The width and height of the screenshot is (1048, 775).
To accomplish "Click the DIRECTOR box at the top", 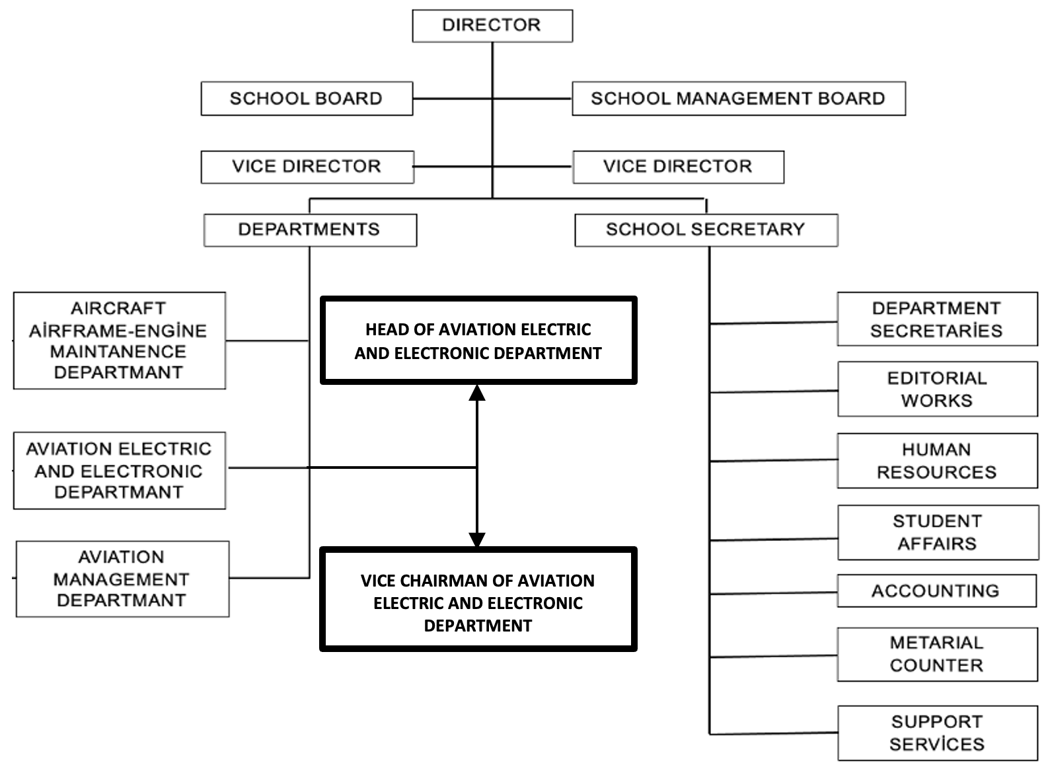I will [492, 26].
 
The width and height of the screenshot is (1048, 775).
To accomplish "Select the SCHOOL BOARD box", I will [307, 99].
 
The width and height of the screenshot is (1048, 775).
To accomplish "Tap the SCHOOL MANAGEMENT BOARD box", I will [738, 99].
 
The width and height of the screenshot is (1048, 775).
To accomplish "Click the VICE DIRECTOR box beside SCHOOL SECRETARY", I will [678, 167].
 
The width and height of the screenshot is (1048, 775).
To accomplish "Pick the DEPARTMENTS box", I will [310, 230].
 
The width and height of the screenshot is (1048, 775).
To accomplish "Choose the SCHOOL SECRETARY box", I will [706, 230].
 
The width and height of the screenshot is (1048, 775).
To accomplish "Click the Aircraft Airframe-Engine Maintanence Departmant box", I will [119, 341].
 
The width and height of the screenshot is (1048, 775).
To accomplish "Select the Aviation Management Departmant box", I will [122, 579].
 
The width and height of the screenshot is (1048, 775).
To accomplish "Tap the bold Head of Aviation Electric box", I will [478, 341].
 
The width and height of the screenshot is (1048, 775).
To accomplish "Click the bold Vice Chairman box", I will [478, 600].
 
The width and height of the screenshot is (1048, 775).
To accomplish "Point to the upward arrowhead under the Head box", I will [477, 393].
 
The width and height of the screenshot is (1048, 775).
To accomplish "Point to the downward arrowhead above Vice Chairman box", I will [477, 540].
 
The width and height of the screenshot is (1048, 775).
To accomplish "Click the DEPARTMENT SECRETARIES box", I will [937, 319].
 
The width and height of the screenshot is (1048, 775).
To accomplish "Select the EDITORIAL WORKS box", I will [937, 389].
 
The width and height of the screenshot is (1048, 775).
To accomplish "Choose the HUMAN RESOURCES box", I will [937, 461].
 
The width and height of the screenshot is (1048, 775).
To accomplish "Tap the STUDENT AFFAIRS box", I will [938, 532].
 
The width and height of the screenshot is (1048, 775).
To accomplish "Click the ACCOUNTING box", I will [936, 591].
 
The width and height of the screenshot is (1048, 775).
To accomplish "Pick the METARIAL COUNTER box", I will [937, 655].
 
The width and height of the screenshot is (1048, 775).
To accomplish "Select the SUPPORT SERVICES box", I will [937, 733].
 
